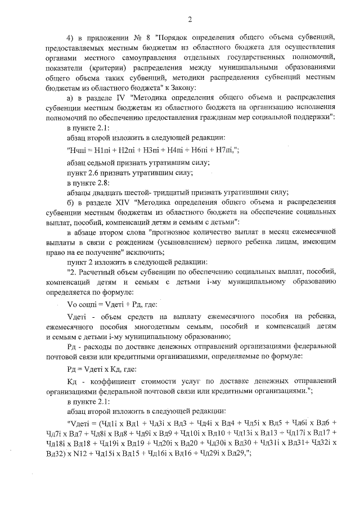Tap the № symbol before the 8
[x=139, y=38]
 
